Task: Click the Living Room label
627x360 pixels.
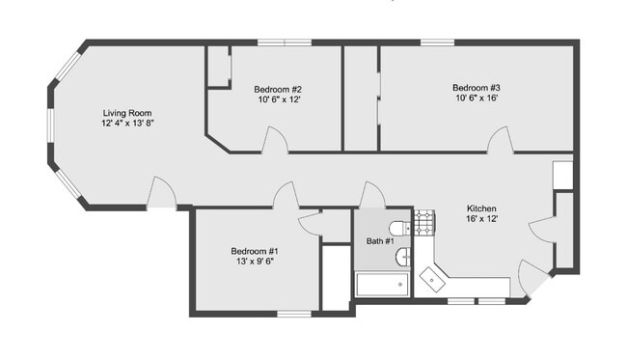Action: [128, 113]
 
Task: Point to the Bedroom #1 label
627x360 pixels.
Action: [255, 250]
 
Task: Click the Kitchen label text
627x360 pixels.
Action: [481, 208]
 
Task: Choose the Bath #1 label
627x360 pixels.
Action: [379, 239]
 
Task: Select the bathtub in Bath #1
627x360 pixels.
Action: [383, 285]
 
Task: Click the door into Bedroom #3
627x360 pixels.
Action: [500, 142]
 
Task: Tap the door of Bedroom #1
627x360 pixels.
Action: [286, 196]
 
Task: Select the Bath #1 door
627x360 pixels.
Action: [372, 196]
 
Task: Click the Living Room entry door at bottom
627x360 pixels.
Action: [161, 194]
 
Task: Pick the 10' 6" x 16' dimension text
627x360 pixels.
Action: [477, 98]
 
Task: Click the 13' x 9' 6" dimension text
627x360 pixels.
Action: [255, 261]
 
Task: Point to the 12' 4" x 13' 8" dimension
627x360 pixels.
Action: [128, 124]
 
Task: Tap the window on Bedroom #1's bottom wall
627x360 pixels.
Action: [294, 314]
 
